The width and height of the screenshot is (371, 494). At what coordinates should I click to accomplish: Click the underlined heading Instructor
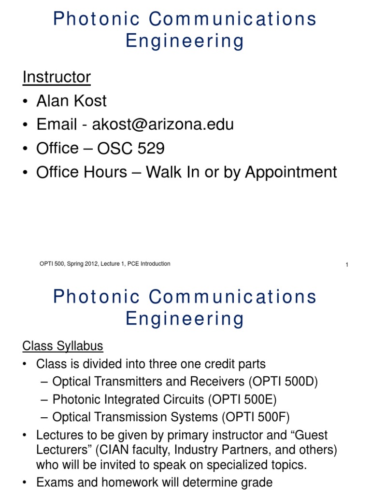point(57,77)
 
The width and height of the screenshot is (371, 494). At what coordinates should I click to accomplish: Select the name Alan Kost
point(71,101)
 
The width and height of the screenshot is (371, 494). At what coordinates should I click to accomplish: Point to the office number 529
point(151,148)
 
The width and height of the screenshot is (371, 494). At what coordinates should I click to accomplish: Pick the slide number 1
point(347,265)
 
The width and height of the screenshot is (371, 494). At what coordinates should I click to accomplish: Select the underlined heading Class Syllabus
point(63,346)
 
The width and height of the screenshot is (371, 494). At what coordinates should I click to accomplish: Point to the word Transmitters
point(113,382)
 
